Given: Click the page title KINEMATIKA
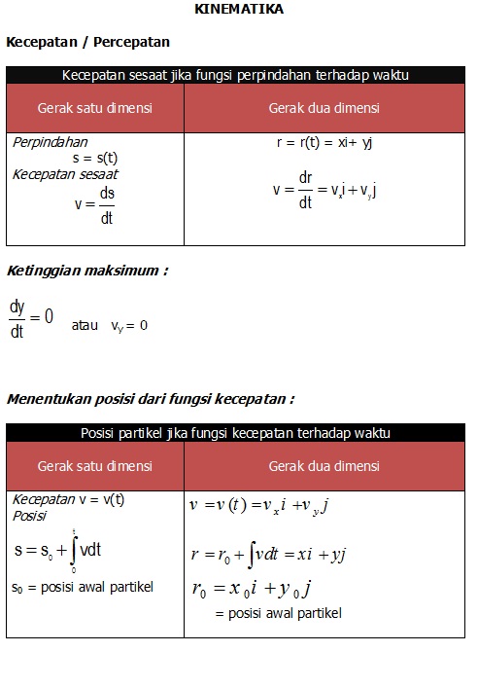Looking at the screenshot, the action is tap(239, 9).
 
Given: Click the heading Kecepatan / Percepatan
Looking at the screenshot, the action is tap(88, 42).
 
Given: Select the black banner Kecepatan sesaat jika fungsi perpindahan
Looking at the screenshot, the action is tap(235, 75).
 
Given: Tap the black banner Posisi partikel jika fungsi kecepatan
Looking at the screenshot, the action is tap(235, 433).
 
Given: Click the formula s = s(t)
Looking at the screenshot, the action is tap(95, 158).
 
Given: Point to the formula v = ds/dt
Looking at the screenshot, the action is tap(95, 205).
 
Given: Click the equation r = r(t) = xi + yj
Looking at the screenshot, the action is tap(324, 142).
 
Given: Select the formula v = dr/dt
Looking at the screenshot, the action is tap(324, 190).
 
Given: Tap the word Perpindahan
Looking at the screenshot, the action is tap(51, 142).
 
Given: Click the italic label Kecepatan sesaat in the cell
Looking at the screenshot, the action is tap(65, 174).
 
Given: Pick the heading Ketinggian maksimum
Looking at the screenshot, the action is tap(86, 271).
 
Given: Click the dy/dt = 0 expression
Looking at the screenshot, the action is tap(31, 319).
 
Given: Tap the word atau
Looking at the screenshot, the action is tap(85, 326).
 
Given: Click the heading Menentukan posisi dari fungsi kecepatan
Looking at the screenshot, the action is tap(151, 398).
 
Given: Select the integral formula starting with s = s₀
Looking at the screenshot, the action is tap(58, 550).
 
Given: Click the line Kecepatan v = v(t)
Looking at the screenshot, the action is tap(68, 499).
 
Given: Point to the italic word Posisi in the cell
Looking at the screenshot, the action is tap(29, 516).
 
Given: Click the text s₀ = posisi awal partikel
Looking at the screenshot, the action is tap(83, 587).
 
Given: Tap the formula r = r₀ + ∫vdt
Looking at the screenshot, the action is tap(268, 555).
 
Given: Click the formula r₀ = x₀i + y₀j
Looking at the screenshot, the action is tap(251, 590).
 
